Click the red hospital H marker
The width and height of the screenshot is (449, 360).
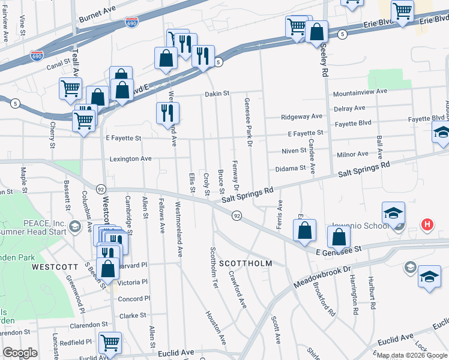tap(427, 225)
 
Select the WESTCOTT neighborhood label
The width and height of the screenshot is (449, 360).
tap(55, 266)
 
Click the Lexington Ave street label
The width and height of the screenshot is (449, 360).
tap(130, 158)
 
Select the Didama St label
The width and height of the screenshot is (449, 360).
tap(291, 169)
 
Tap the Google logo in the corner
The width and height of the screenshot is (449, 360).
tap(20, 353)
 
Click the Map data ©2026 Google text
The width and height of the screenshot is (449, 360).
tap(412, 355)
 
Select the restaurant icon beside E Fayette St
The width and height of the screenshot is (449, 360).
tap(167, 113)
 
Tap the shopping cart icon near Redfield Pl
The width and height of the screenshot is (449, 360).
tap(110, 343)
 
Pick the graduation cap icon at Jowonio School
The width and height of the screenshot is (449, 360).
tap(393, 213)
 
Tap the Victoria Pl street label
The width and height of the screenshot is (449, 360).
tap(133, 282)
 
